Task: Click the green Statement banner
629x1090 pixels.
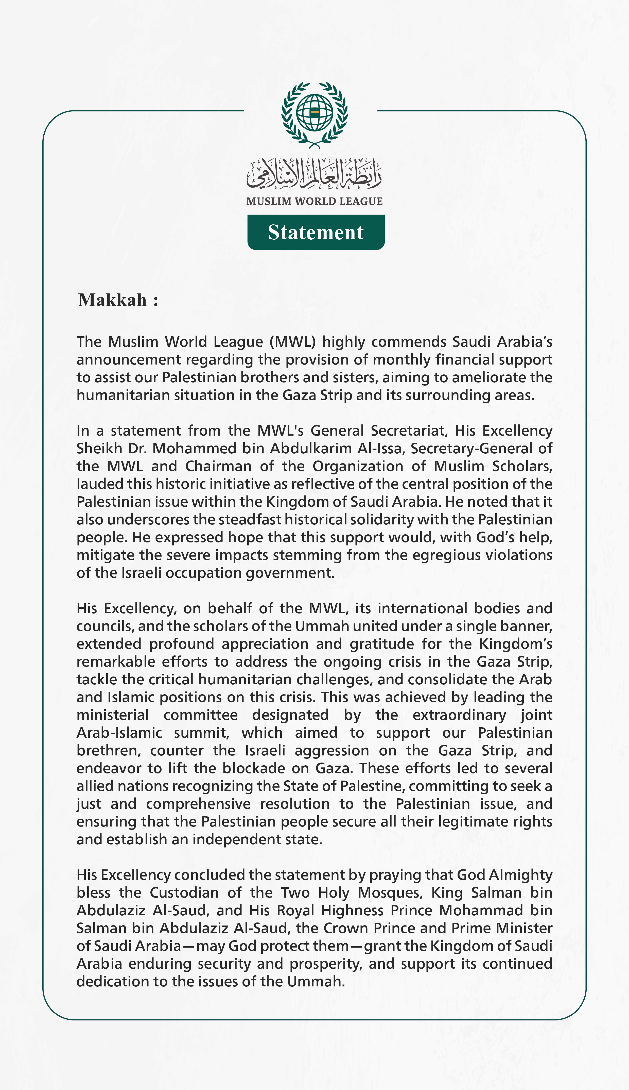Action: pos(316,232)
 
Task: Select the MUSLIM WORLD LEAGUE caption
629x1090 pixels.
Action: pos(314,201)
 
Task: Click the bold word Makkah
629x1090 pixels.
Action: pos(112,300)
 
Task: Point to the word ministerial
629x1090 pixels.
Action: pos(113,715)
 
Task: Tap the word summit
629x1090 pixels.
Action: pos(201,732)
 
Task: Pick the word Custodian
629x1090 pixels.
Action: pos(184,893)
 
